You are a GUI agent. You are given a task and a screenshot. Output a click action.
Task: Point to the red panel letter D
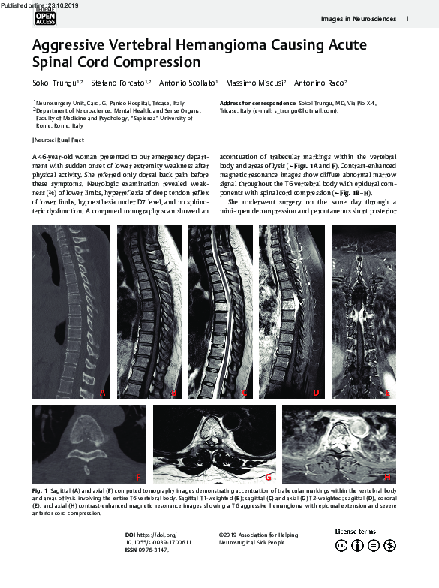[x=316, y=392]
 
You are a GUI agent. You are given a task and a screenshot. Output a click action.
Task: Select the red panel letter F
[x=137, y=477]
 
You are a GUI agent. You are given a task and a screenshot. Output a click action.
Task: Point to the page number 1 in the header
[x=407, y=18]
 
